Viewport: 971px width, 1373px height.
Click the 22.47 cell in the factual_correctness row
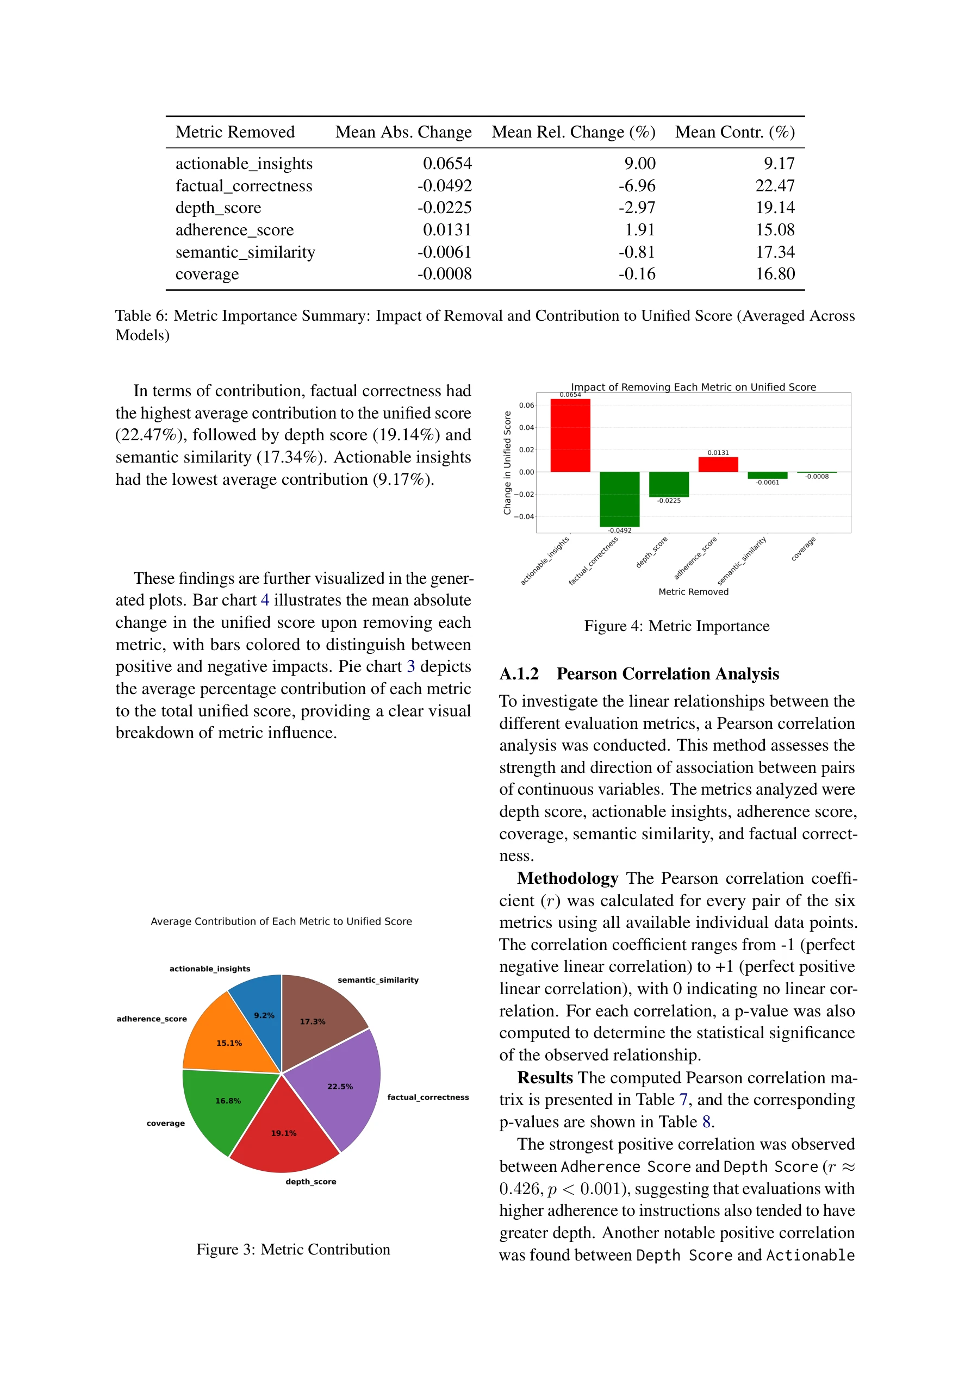[x=774, y=186]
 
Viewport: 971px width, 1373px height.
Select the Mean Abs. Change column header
[x=403, y=132]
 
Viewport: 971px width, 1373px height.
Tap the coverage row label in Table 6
[x=207, y=274]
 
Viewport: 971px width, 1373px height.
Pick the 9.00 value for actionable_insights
[x=639, y=164]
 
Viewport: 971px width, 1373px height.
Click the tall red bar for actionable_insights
[x=570, y=435]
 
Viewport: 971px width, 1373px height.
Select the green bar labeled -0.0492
[x=619, y=499]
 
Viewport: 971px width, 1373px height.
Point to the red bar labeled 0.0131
[x=718, y=465]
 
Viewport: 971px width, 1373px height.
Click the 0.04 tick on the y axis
[x=526, y=428]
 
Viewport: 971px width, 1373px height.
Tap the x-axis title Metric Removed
[x=693, y=592]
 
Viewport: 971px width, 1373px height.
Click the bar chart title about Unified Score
[x=693, y=387]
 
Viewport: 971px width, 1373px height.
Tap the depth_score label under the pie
[x=310, y=1182]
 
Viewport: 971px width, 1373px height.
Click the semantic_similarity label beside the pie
[x=378, y=980]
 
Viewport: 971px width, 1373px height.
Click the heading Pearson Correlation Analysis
[x=667, y=674]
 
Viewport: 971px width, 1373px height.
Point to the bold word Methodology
[x=567, y=878]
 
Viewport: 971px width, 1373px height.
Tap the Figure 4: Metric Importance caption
[x=677, y=626]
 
